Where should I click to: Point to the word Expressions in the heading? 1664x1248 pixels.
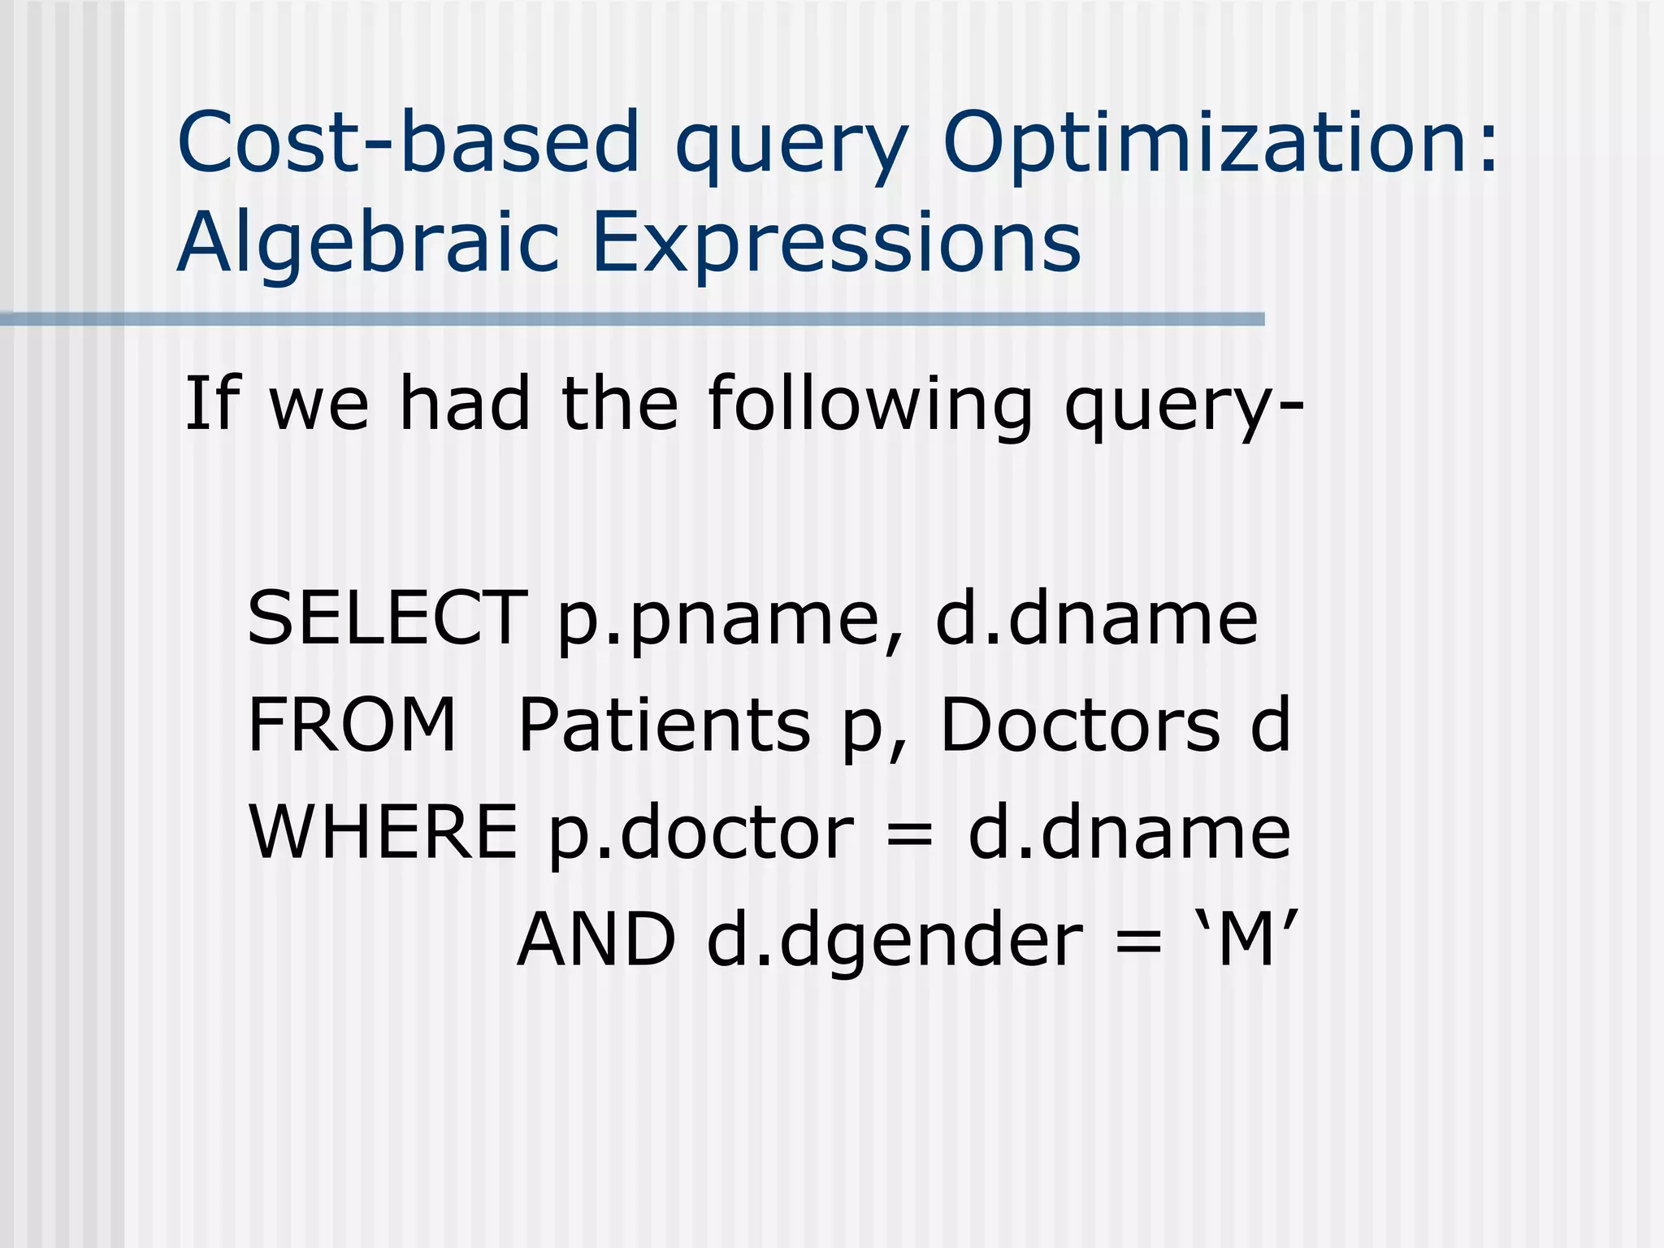836,242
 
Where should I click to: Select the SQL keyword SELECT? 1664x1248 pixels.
387,618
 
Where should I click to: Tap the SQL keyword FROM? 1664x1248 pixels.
352,725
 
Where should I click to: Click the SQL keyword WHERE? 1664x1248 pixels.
383,832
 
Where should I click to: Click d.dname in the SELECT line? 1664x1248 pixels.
1097,618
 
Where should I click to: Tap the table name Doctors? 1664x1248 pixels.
1081,725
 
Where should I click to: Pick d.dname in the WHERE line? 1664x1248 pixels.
1129,832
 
